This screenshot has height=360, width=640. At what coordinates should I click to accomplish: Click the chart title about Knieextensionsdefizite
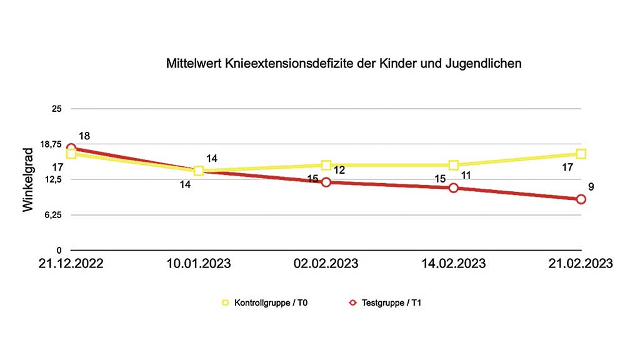coord(344,64)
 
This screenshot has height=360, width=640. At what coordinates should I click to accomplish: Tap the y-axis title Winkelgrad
coord(28,181)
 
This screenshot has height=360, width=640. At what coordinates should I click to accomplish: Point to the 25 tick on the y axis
coord(57,109)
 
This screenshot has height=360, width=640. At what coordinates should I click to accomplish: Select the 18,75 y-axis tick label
coord(51,144)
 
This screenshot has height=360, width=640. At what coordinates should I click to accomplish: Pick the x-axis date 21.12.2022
coord(71,264)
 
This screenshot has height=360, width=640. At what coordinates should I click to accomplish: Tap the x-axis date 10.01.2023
coord(199,264)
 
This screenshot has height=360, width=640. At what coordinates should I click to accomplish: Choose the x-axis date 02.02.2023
coord(326,264)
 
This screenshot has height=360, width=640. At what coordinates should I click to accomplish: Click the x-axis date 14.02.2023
coord(453,264)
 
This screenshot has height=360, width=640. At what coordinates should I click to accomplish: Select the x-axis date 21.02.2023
coord(581,264)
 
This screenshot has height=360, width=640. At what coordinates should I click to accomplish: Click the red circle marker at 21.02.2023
coord(581,199)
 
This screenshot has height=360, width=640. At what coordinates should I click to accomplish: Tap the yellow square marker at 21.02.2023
coord(581,154)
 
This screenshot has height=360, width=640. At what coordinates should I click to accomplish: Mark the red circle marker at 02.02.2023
coord(326,182)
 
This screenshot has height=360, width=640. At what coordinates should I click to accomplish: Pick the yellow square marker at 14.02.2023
coord(454,165)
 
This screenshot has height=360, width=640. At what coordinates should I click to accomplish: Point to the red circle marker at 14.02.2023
coord(454,187)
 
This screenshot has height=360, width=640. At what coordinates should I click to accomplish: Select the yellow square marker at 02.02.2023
coord(326,165)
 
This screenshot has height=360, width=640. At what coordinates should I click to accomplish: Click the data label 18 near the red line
coord(84,136)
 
